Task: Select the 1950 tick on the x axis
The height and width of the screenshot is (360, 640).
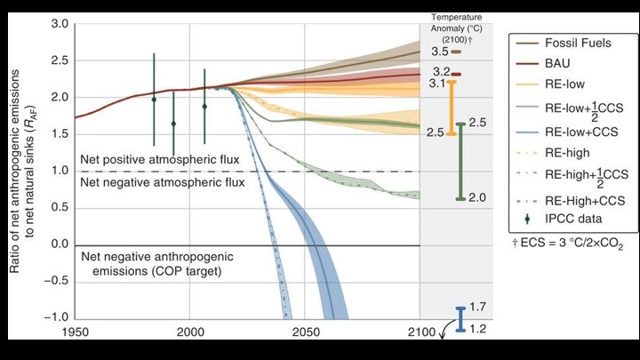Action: (75, 332)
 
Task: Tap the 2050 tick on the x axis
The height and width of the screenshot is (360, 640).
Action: (305, 332)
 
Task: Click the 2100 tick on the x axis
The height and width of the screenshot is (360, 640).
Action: (420, 332)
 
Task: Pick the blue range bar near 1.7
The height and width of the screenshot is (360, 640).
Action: (460, 319)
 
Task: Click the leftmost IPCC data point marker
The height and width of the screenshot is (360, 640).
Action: (154, 100)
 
